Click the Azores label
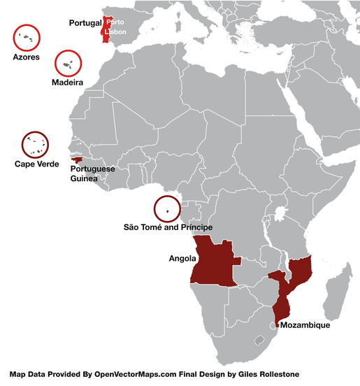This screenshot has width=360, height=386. click(26, 57)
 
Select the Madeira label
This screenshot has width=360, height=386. click(68, 83)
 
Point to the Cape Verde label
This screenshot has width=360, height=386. click(32, 164)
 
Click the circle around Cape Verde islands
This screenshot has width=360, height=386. click(35, 145)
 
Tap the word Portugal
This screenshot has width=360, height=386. click(85, 23)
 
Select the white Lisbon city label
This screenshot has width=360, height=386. click(115, 32)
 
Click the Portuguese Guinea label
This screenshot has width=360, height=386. click(93, 173)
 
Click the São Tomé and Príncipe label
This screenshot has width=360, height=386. click(167, 228)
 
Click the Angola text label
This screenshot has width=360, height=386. click(182, 258)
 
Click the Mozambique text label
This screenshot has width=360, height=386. click(304, 325)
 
